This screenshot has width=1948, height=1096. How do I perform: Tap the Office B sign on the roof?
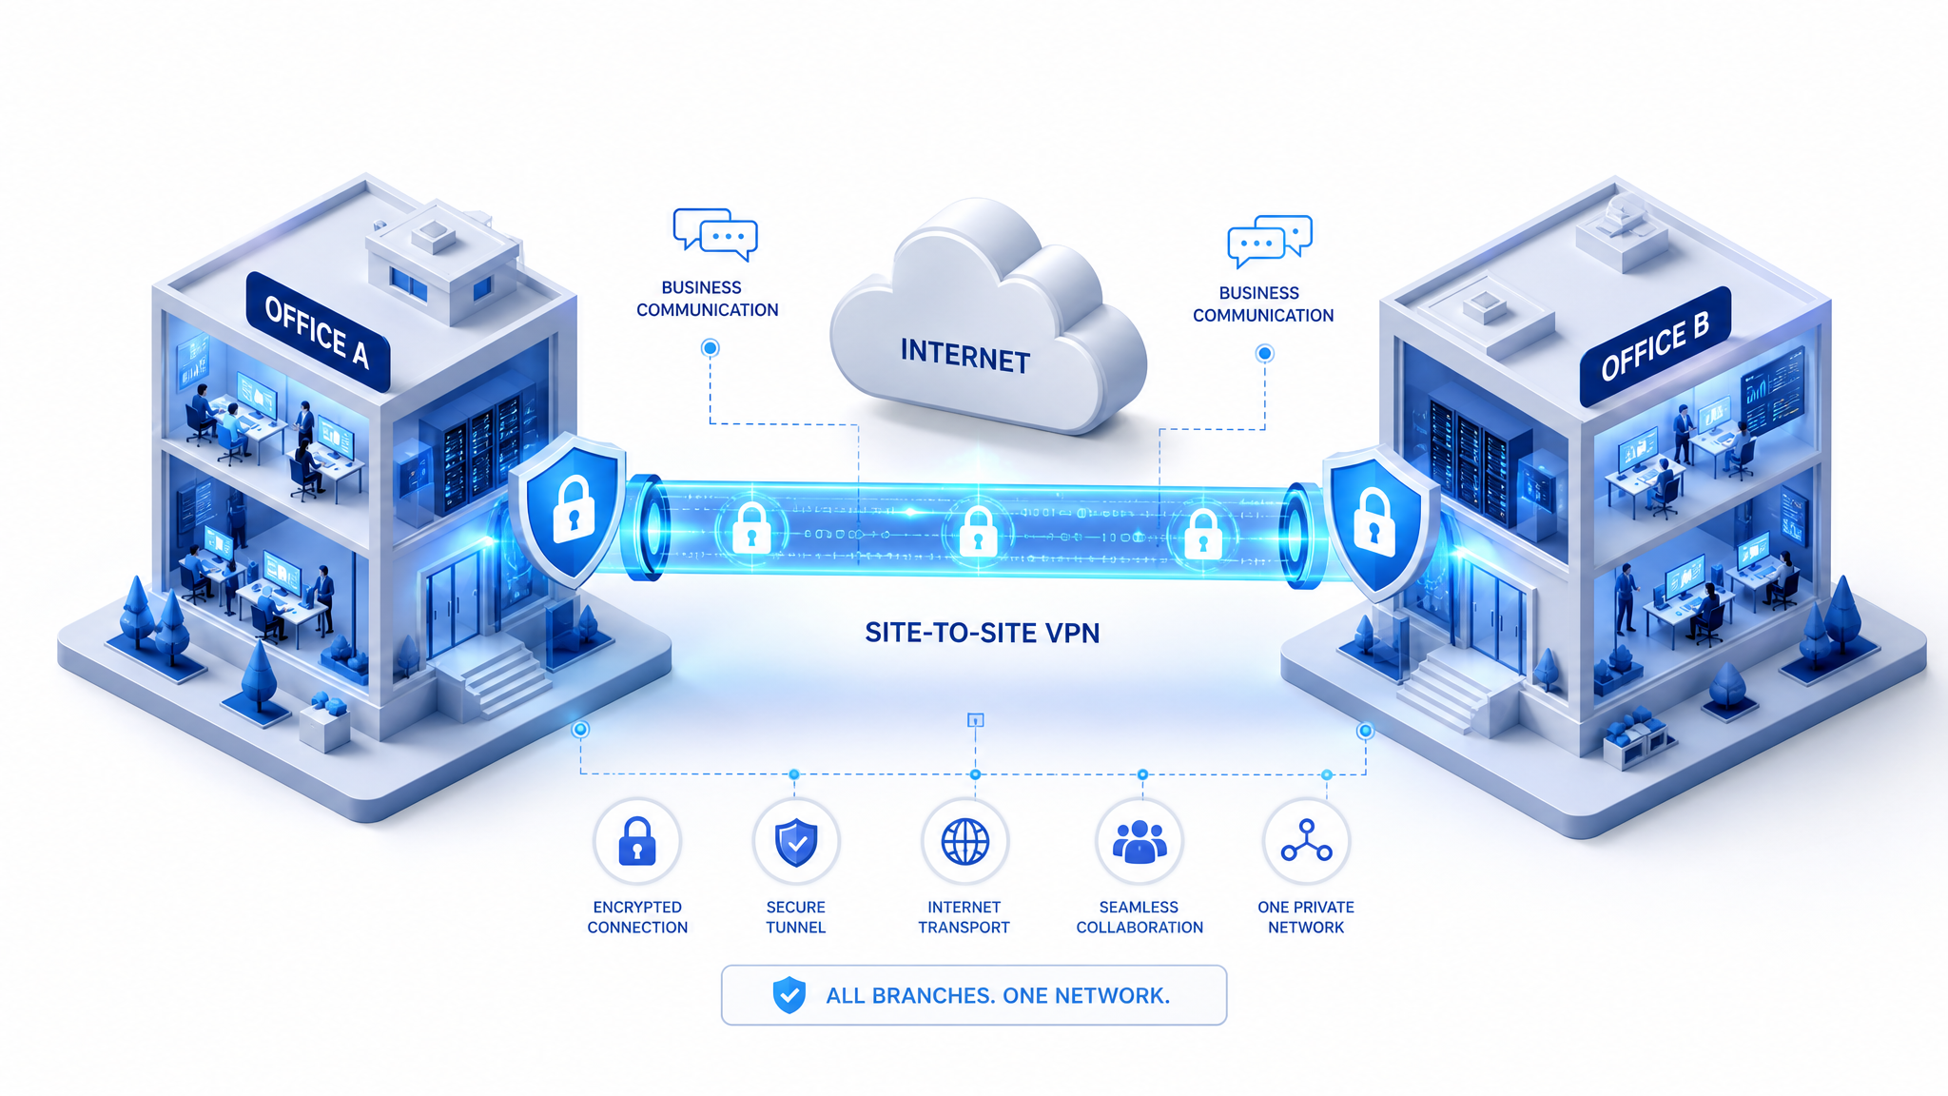1655,345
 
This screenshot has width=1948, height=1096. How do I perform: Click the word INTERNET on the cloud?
964,356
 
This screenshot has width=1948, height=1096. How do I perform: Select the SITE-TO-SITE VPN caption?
982,633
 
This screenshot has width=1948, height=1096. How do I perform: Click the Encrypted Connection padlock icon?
637,842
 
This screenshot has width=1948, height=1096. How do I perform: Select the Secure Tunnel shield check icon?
796,842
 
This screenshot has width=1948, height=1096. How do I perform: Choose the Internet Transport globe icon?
964,842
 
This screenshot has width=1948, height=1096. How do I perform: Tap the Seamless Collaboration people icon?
1140,842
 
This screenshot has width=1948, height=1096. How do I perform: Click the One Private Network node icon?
1306,842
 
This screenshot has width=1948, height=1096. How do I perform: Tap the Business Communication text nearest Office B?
1263,304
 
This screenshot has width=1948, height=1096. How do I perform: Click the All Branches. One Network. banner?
974,995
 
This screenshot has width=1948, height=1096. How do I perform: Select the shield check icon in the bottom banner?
789,995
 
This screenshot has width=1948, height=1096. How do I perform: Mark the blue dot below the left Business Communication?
710,348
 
